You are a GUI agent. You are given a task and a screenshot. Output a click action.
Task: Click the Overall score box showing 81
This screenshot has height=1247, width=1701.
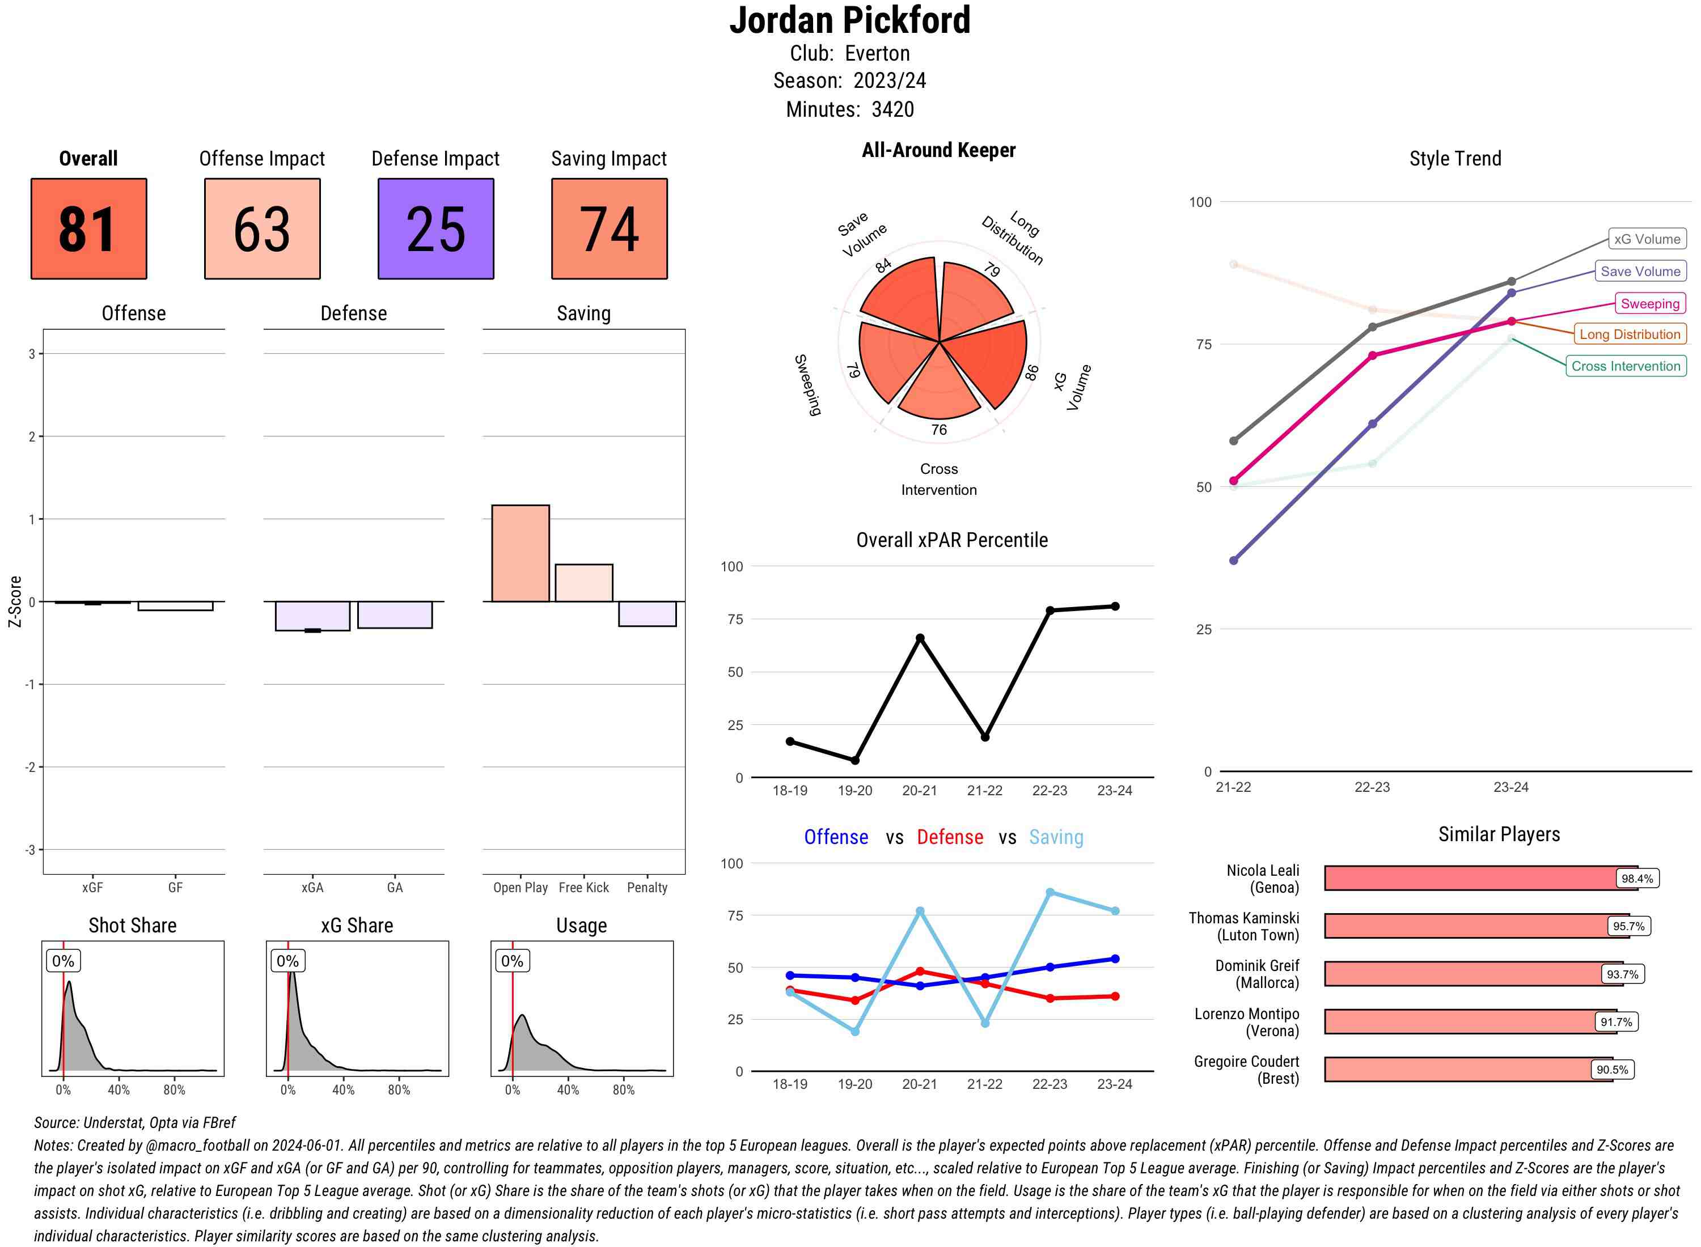tap(88, 229)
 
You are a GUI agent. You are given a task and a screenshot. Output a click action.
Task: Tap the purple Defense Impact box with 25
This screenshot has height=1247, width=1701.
tap(435, 229)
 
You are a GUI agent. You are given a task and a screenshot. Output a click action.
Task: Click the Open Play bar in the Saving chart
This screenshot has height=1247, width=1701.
tap(520, 553)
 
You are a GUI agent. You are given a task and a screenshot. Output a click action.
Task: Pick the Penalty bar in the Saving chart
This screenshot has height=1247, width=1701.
tap(647, 614)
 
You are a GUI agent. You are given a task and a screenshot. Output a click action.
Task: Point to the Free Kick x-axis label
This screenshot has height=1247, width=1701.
tap(583, 888)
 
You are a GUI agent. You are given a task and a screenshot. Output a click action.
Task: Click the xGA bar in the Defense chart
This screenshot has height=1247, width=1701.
tap(312, 616)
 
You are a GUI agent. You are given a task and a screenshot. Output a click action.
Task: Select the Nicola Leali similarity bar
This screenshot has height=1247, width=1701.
tap(1480, 878)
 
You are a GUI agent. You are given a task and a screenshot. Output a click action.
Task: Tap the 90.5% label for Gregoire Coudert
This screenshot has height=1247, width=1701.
tap(1612, 1070)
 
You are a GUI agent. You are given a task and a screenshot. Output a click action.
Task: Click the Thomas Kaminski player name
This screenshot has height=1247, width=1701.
tap(1243, 926)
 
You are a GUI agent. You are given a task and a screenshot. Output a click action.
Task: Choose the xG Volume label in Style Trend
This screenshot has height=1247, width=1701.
tap(1647, 239)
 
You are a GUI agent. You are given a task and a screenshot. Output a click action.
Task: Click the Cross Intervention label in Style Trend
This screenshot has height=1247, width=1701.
tap(1626, 366)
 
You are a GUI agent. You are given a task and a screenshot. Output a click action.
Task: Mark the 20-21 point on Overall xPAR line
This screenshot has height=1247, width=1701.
tap(920, 638)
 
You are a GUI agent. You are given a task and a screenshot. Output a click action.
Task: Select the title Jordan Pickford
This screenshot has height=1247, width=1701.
tap(849, 20)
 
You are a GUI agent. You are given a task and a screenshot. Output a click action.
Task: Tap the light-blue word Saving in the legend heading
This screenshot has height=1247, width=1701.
tap(1056, 837)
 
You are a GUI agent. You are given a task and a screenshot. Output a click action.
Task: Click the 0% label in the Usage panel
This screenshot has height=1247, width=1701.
tap(512, 961)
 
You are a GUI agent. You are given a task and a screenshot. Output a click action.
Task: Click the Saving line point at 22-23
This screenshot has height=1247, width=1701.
tap(1050, 892)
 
